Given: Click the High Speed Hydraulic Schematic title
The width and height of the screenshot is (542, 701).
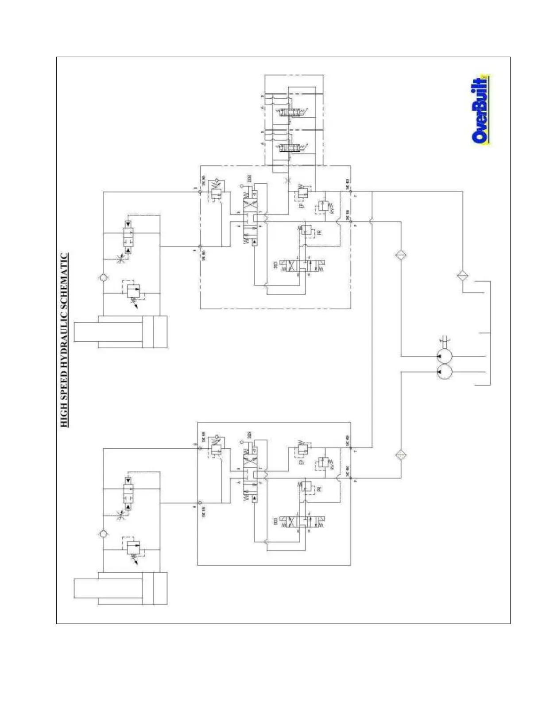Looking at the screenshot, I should click(65, 340).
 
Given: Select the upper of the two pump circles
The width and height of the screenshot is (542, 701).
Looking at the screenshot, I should click(444, 356).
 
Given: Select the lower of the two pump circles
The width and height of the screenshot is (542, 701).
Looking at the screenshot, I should click(444, 372).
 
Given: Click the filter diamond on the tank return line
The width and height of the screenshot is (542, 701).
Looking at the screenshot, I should click(463, 276).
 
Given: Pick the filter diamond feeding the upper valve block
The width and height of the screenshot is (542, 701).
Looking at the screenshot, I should click(401, 255).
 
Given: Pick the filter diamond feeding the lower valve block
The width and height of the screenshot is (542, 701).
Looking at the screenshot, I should click(401, 455).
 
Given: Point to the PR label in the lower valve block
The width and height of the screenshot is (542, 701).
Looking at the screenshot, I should click(319, 489).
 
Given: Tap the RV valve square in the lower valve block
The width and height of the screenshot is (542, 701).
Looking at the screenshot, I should click(322, 463).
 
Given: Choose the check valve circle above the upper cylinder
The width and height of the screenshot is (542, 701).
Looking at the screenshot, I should click(103, 278).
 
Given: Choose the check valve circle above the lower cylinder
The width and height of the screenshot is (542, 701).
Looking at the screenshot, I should click(103, 534).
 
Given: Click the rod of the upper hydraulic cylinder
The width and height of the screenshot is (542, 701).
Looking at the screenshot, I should click(86, 332).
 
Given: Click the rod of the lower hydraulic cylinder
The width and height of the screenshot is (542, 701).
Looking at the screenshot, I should click(86, 588).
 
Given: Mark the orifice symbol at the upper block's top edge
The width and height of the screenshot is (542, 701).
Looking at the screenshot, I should click(288, 181).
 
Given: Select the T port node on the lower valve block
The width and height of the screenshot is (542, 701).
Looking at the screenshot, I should click(351, 448).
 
